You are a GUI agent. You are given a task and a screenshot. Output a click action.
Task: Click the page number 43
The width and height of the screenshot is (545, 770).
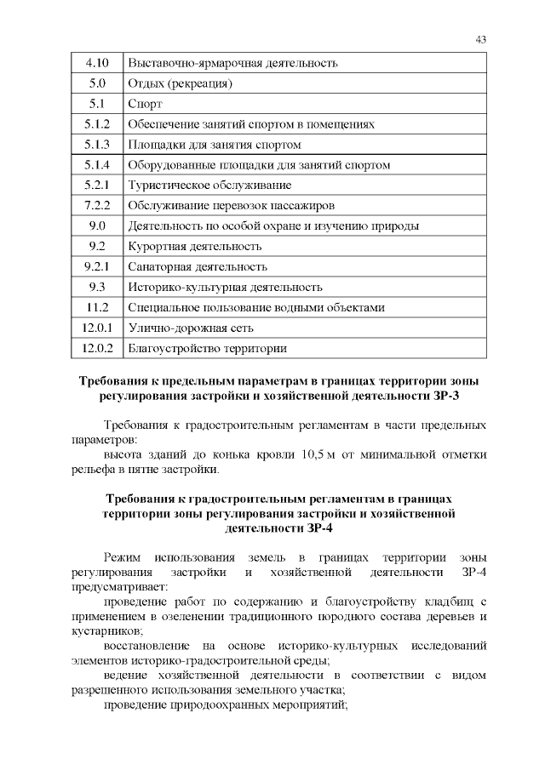point(480,39)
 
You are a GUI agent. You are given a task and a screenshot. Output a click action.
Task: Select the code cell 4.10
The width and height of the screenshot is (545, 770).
point(96,63)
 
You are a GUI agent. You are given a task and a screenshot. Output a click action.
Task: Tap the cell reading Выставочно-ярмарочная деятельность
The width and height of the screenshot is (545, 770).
point(232,63)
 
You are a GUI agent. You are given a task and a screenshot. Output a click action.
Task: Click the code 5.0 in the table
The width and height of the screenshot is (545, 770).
point(96,83)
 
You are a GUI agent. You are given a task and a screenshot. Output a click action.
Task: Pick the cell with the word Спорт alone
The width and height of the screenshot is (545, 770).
point(144,104)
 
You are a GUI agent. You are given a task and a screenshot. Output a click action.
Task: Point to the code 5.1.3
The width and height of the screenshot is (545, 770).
point(96,145)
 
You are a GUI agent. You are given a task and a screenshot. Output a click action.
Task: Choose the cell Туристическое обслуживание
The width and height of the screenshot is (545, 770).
point(209,185)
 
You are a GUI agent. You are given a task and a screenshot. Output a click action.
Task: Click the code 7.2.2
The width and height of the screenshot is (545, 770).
point(96,206)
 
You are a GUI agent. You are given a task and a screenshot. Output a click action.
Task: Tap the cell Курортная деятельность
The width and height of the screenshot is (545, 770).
point(194,247)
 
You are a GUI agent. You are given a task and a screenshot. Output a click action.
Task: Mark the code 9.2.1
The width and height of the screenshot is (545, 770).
point(96,267)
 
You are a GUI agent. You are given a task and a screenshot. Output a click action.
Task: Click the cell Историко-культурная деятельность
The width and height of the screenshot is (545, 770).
point(225,288)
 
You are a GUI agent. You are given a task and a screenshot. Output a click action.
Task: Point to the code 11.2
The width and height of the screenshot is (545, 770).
point(96,308)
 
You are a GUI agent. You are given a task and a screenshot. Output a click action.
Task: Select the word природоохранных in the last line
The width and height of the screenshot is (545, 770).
point(230,705)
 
